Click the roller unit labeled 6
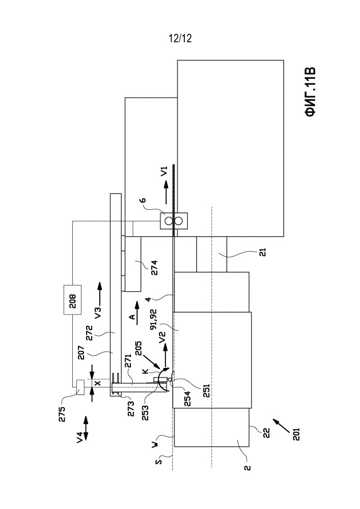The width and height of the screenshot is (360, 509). coord(174,221)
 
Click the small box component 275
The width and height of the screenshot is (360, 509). coord(79,387)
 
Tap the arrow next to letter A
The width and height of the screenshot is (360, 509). coord(136,307)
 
